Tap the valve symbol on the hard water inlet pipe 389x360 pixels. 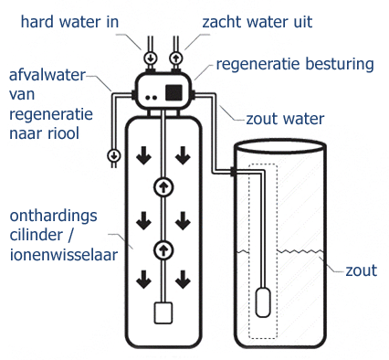click(x=151, y=58)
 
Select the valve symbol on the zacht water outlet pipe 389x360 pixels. click(x=178, y=58)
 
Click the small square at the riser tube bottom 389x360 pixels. click(x=163, y=313)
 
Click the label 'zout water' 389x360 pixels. click(x=285, y=117)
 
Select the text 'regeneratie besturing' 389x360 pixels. click(x=294, y=64)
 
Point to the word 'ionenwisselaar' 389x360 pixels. click(x=63, y=257)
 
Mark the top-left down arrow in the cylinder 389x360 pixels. click(x=142, y=157)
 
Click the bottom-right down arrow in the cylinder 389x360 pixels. click(x=183, y=278)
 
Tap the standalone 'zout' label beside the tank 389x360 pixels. click(x=363, y=270)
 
